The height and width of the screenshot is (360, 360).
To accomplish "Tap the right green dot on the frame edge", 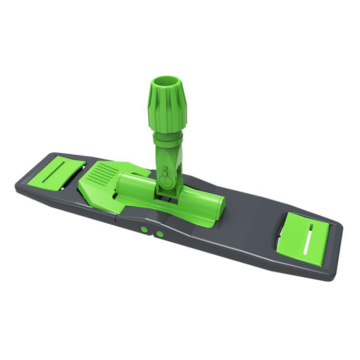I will coord(160,234).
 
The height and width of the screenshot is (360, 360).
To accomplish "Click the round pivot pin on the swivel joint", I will coord(166,181).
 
